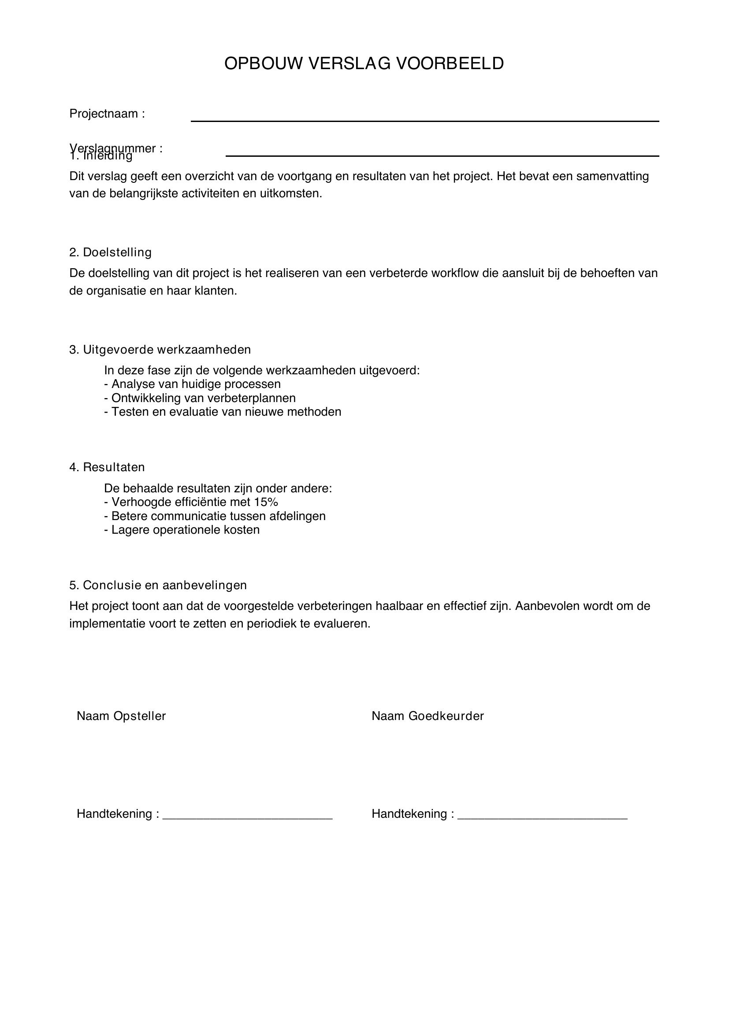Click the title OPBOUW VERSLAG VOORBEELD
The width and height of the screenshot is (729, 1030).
(364, 64)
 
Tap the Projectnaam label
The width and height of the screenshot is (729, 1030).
(107, 114)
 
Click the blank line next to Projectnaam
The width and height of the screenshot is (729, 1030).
(424, 120)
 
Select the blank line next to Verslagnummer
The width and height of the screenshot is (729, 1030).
(442, 155)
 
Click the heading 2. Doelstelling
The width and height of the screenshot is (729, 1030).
(111, 253)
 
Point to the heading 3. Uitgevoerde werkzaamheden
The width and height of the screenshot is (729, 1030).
(160, 350)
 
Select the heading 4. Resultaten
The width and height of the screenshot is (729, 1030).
(107, 468)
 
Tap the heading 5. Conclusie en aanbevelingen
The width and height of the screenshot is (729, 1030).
(158, 585)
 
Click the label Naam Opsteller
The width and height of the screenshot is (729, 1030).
(121, 716)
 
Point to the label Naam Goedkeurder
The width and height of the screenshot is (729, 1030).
(428, 716)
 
